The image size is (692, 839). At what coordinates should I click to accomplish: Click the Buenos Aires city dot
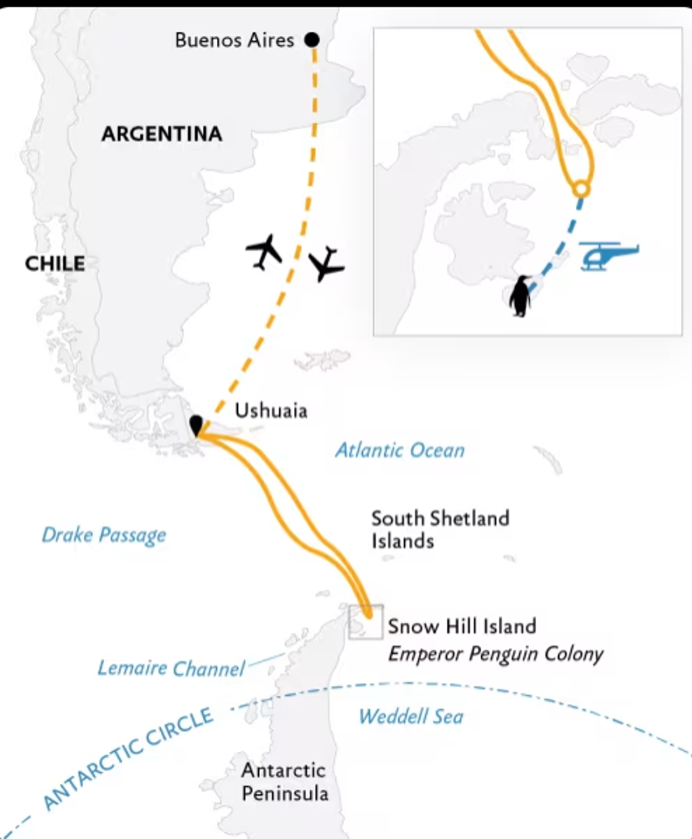[x=312, y=40]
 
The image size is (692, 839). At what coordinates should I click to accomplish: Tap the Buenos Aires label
[x=234, y=40]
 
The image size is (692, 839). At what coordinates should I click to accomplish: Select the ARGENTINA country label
[x=162, y=134]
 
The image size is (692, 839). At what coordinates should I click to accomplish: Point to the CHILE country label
[x=55, y=263]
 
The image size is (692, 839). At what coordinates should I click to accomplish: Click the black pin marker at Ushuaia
[x=196, y=425]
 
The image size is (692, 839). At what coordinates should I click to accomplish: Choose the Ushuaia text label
[x=271, y=411]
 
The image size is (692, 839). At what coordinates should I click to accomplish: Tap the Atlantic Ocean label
[x=400, y=450]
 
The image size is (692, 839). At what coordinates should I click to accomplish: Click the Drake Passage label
[x=104, y=535]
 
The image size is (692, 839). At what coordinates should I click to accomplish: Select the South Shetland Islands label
[x=441, y=530]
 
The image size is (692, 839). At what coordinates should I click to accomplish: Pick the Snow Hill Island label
[x=462, y=626]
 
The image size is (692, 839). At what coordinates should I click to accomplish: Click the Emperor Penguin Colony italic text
[x=495, y=654]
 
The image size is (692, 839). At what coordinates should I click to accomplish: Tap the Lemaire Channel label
[x=171, y=668]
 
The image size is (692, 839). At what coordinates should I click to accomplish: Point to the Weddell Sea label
[x=411, y=717]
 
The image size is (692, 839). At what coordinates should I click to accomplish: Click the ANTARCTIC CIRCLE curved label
[x=127, y=759]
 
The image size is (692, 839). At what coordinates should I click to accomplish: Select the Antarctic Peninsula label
[x=285, y=782]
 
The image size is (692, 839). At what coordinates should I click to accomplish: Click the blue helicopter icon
[x=608, y=256]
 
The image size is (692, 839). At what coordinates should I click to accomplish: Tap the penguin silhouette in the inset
[x=520, y=296]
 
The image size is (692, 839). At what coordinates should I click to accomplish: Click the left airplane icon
[x=264, y=252]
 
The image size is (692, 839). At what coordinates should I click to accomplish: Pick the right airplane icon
[x=326, y=264]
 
